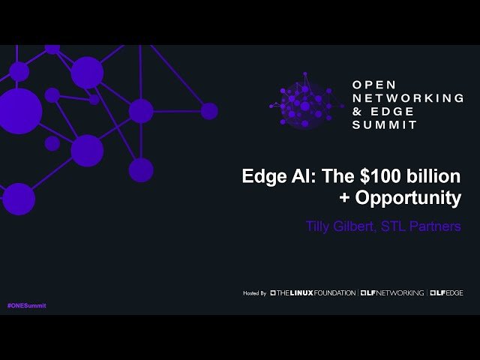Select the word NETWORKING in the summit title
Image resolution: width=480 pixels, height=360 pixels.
pyautogui.click(x=409, y=98)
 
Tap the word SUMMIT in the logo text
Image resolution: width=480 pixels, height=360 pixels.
pyautogui.click(x=385, y=125)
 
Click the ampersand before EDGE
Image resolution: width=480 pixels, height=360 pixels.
pyautogui.click(x=357, y=112)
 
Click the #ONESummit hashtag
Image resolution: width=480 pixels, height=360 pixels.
pyautogui.click(x=26, y=306)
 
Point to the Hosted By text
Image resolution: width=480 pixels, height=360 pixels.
pyautogui.click(x=255, y=292)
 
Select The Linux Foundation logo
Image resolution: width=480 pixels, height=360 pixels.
pyautogui.click(x=313, y=292)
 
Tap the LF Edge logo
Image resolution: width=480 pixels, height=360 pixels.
pyautogui.click(x=447, y=292)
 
